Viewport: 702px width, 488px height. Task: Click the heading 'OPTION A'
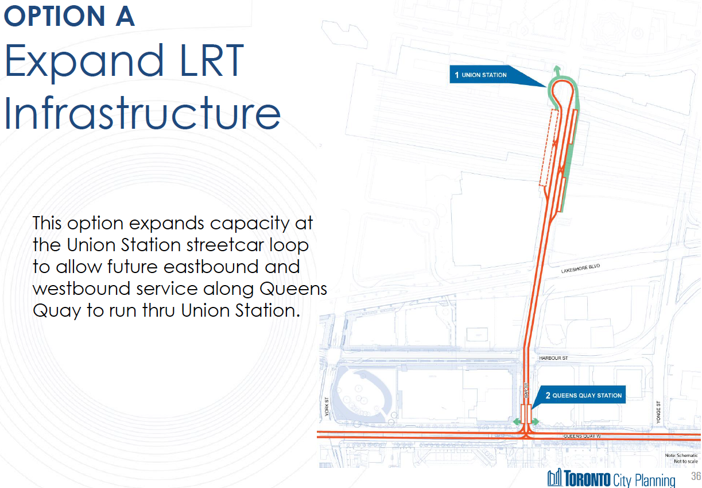(x=69, y=16)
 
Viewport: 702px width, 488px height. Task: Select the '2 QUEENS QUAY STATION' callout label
(x=583, y=395)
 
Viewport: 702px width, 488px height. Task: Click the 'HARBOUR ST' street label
(x=553, y=358)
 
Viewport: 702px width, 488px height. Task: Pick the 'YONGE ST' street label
(x=659, y=413)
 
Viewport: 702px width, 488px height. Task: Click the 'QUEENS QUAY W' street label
(x=581, y=436)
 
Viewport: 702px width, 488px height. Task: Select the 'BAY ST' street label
(x=525, y=390)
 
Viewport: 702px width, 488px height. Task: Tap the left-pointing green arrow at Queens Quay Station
(x=517, y=422)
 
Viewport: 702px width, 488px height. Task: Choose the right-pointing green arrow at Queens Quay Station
(x=534, y=422)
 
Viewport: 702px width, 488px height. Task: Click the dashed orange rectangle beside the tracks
(x=548, y=148)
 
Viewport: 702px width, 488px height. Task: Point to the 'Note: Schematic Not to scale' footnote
(x=681, y=458)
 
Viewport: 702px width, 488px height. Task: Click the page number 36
(x=696, y=477)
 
